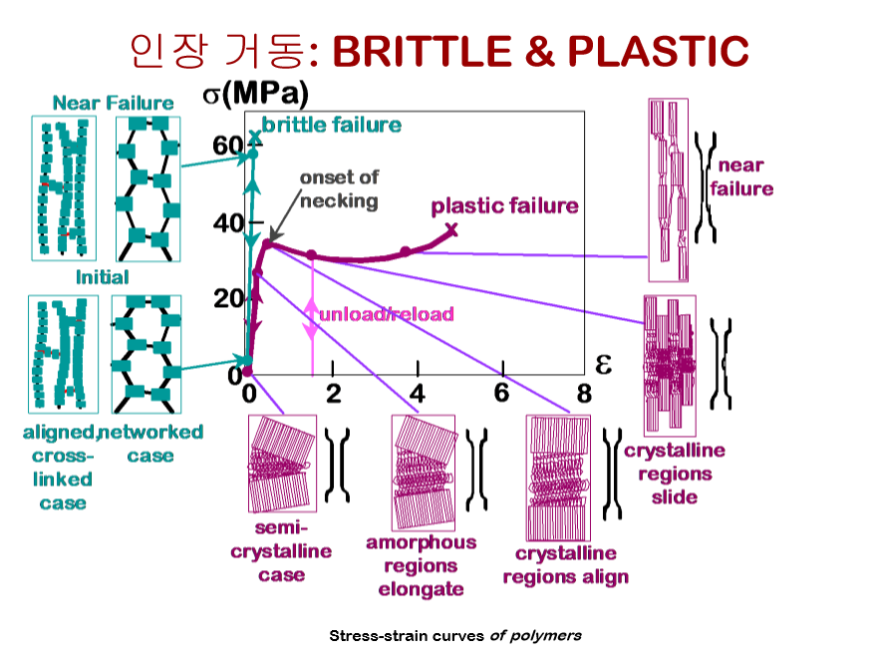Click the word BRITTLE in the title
pos(425,52)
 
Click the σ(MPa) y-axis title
pos(255,95)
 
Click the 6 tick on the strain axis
pos(501,393)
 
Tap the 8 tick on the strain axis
pos(584,393)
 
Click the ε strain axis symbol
pos(603,363)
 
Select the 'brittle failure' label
pos(332,125)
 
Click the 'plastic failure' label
pos(504,206)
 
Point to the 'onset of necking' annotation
pos(339,188)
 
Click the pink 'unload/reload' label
pos(386,314)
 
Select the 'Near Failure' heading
pos(113,103)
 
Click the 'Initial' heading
pos(103,276)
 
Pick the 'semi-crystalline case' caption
pos(281,550)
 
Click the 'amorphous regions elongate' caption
pos(421,565)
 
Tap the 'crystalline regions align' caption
pos(565,565)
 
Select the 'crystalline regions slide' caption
pos(675,474)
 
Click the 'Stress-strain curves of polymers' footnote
pos(455,635)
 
